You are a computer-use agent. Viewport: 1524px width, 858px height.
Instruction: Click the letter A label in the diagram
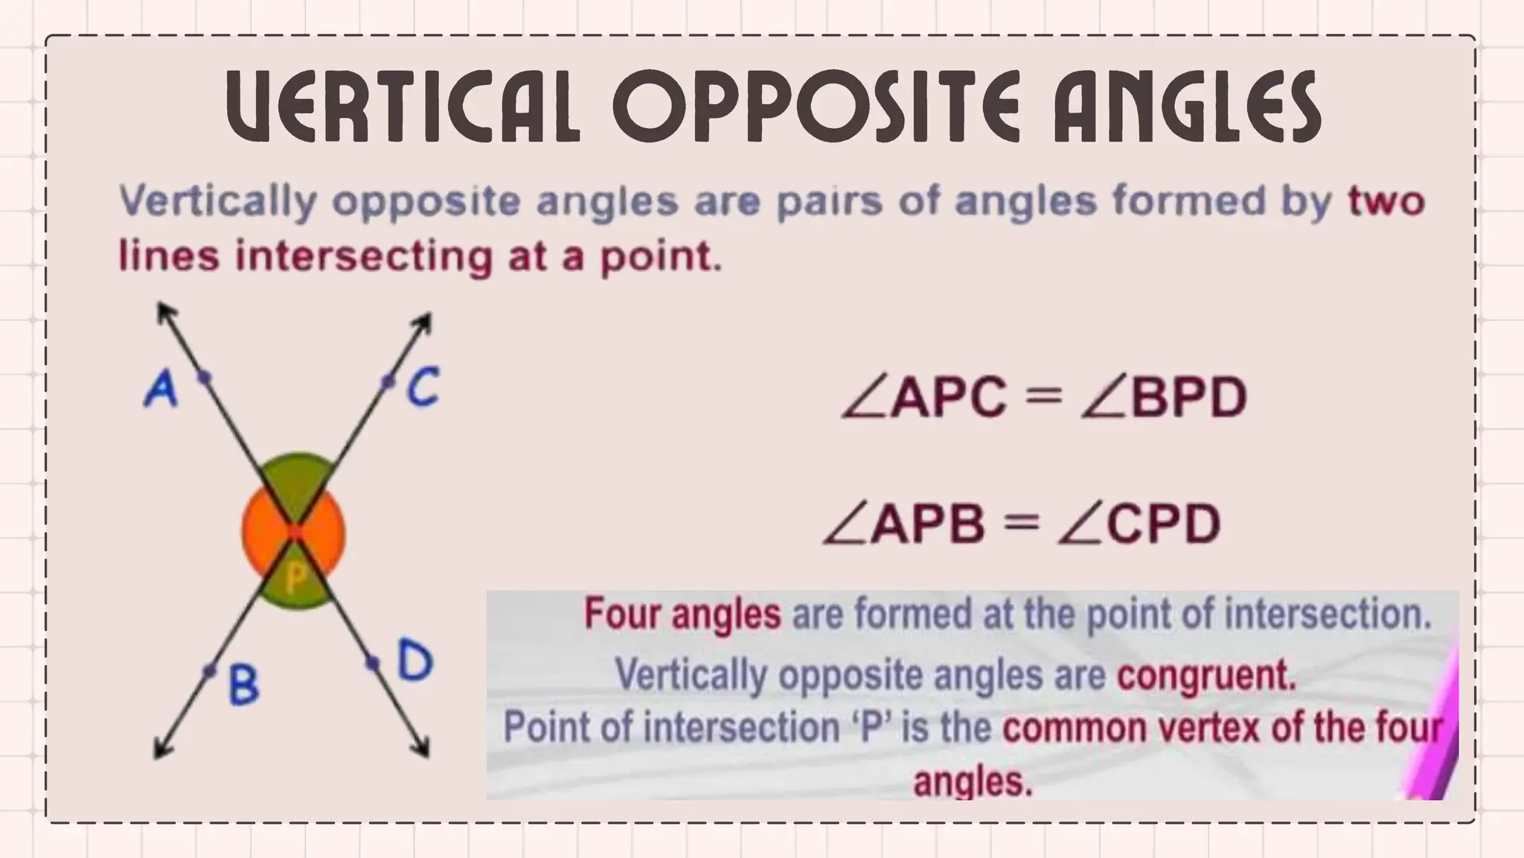(161, 390)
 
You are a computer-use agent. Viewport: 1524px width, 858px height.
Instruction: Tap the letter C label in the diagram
(423, 387)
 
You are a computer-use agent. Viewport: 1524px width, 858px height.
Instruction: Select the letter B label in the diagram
(243, 685)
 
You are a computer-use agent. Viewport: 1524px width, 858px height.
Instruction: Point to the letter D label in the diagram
(414, 660)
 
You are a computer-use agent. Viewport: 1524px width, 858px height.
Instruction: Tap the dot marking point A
(204, 378)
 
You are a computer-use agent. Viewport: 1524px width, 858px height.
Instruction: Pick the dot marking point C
(387, 383)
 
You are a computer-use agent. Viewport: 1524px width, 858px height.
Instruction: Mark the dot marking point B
(211, 671)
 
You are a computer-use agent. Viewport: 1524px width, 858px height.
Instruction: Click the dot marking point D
(372, 662)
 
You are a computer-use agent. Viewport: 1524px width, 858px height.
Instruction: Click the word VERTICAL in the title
(403, 108)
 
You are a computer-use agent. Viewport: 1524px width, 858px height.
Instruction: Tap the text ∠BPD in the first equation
(1164, 397)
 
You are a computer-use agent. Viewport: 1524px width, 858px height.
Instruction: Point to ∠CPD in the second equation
(1139, 524)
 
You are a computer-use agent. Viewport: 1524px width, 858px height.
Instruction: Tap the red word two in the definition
(1386, 202)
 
